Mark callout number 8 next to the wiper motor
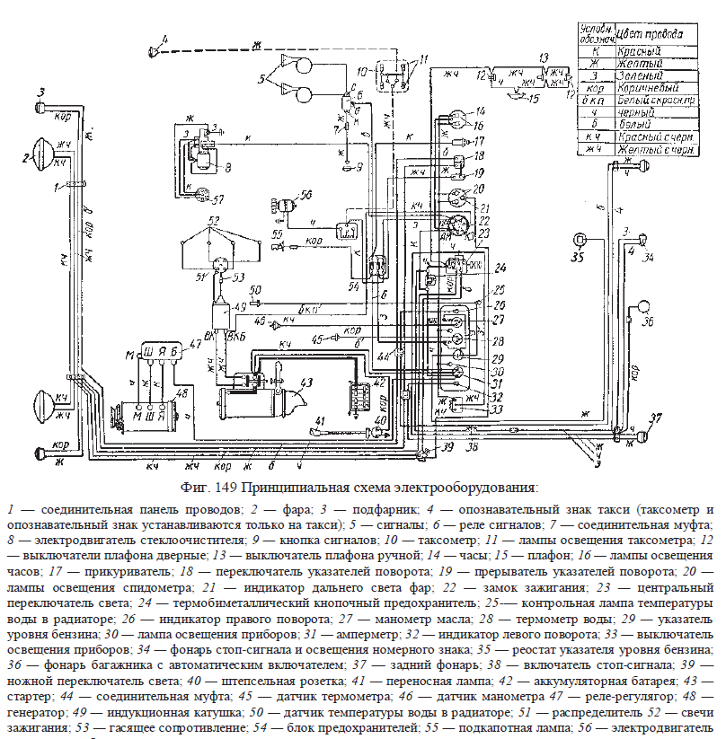point(228,167)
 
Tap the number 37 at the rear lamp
point(656,418)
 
